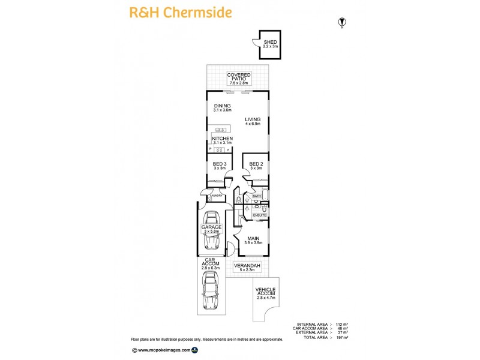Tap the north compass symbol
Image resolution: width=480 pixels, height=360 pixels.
(342, 22)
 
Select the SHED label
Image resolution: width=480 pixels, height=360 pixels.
(271, 44)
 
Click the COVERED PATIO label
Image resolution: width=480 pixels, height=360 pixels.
(239, 79)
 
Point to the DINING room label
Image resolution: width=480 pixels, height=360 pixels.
(222, 108)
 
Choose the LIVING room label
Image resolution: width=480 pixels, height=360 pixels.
(253, 121)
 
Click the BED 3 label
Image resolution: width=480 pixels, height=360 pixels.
(220, 166)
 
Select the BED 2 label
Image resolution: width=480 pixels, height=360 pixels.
(256, 166)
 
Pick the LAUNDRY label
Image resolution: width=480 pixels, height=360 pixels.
(216, 196)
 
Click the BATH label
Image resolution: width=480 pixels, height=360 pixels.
(256, 196)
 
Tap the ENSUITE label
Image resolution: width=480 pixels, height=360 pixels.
(259, 214)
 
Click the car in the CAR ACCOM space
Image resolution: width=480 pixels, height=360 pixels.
(211, 290)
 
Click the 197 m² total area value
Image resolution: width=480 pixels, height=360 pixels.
(341, 338)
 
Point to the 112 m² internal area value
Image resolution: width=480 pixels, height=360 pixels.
(341, 325)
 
